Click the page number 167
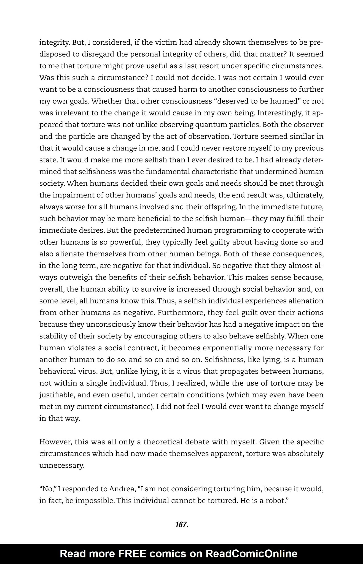[x=181, y=525]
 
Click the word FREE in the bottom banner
[x=132, y=554]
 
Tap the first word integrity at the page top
[x=54, y=43]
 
